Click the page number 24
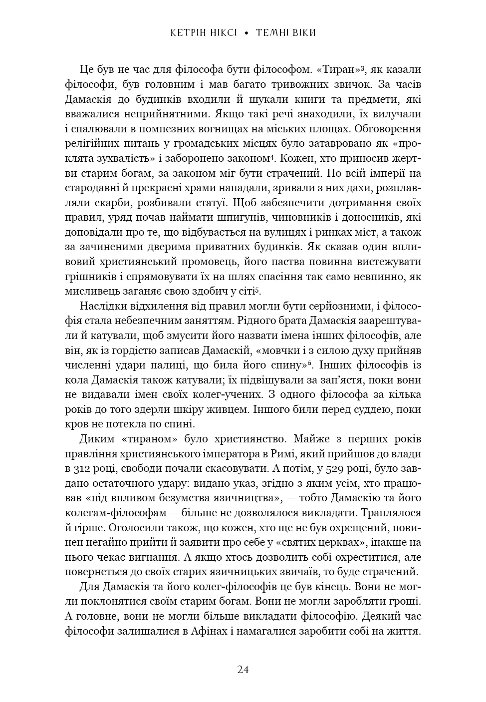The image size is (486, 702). point(243,670)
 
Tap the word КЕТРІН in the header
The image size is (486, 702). point(188,33)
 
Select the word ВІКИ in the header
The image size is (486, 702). point(301,33)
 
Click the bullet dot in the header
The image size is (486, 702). point(245,33)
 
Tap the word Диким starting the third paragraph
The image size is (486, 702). point(96,439)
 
